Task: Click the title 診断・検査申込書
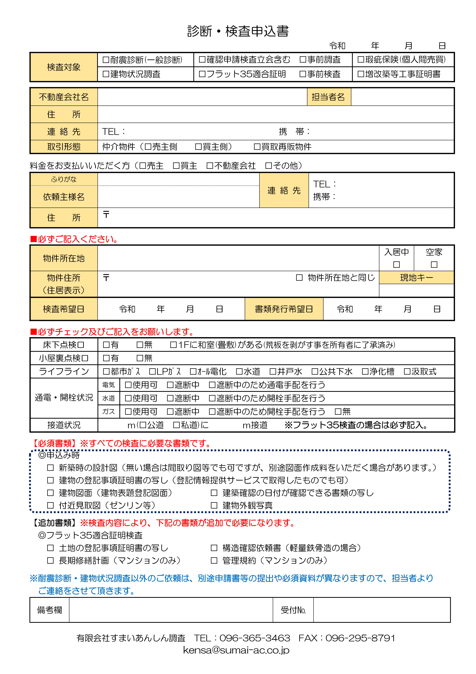tap(238, 31)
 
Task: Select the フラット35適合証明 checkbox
tap(202, 74)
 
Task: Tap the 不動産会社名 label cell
tap(64, 97)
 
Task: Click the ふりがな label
tap(64, 179)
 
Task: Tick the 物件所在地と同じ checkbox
tap(299, 277)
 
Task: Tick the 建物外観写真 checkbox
tap(214, 505)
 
